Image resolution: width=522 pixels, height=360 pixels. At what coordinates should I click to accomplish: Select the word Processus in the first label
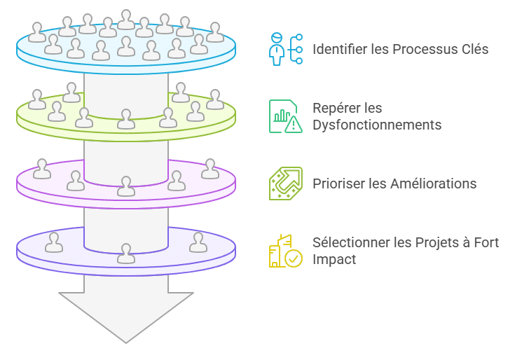click(x=414, y=50)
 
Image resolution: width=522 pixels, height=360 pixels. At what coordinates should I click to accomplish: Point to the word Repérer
click(x=337, y=109)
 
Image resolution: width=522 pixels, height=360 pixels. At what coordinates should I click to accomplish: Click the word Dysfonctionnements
click(x=377, y=125)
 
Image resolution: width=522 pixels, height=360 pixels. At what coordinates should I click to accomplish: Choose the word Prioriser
click(x=337, y=184)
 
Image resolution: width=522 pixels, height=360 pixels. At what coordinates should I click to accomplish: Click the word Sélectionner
click(x=350, y=243)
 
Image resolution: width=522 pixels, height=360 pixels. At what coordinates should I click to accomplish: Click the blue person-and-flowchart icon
click(x=286, y=49)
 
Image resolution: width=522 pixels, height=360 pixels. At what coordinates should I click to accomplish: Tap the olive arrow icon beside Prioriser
click(x=286, y=184)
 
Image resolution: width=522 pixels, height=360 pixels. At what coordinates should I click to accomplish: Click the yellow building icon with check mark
click(x=286, y=251)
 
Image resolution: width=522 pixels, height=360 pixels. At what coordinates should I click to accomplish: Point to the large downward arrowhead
click(x=126, y=315)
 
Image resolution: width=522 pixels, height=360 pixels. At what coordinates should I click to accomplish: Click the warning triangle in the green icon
click(x=294, y=125)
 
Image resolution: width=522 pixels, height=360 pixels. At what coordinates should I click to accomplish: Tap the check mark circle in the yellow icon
click(x=294, y=258)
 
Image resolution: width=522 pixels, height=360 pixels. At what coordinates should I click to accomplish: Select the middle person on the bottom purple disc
click(x=126, y=253)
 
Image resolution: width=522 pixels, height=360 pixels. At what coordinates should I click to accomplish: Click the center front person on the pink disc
click(x=126, y=186)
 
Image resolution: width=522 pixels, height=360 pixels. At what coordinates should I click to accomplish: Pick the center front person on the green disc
click(x=126, y=118)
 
